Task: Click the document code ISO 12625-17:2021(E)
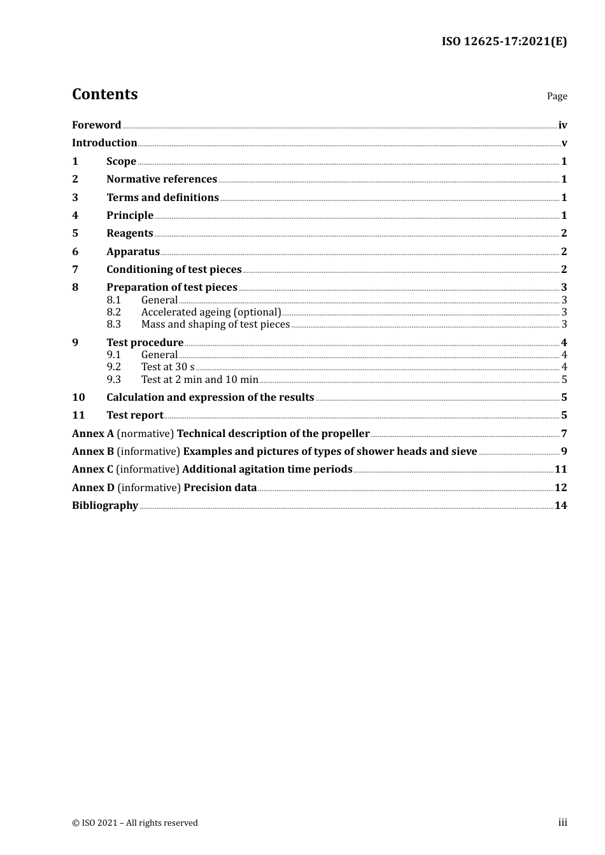504,42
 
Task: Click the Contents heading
104,94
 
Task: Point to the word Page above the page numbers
557,96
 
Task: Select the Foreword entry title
96,125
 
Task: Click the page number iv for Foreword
562,125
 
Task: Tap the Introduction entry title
104,143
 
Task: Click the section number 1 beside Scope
75,162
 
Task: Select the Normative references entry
162,179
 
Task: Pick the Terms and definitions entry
162,198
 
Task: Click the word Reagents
130,233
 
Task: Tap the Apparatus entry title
133,252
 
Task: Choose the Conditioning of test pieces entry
174,270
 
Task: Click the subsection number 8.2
114,312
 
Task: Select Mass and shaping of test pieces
215,324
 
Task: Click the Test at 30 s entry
167,367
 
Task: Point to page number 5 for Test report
564,415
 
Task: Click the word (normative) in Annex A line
145,434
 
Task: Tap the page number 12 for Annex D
560,488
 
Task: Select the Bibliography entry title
105,506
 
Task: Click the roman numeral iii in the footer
562,823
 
